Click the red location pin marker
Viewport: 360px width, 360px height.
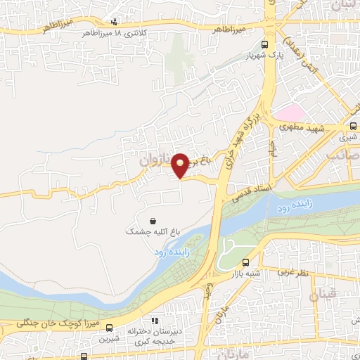[181, 165]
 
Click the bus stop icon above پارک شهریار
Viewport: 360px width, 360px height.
[264, 44]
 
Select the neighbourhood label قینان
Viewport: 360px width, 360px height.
[328, 290]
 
